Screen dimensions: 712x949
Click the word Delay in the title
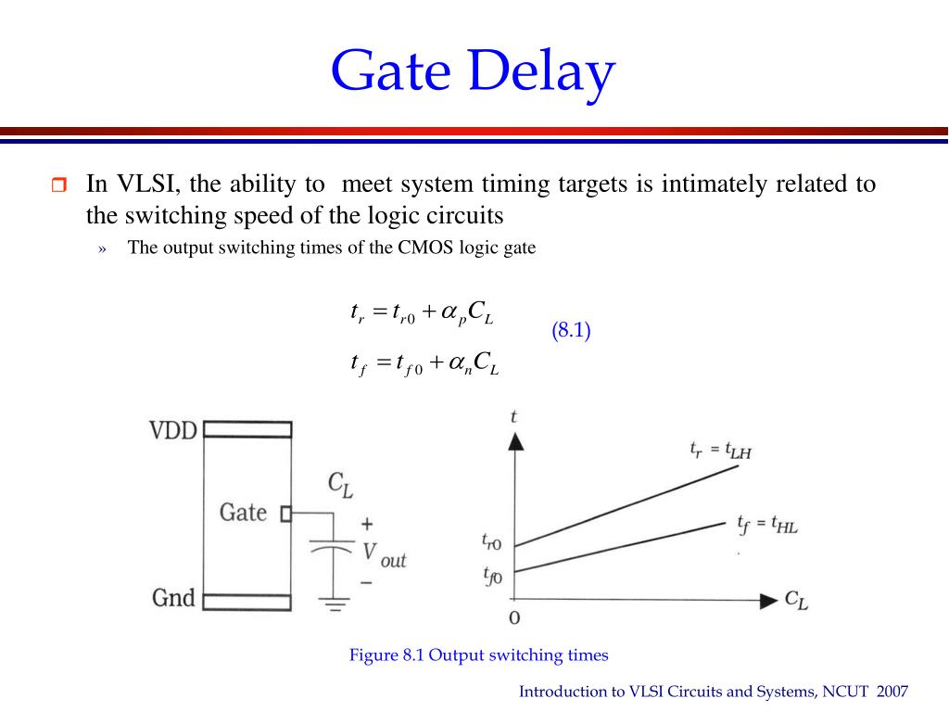(542, 72)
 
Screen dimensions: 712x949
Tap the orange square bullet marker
(58, 185)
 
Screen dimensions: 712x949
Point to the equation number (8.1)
(571, 331)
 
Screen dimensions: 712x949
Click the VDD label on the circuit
(173, 431)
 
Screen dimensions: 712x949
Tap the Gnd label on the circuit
(173, 598)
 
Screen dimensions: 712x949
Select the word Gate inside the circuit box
(243, 512)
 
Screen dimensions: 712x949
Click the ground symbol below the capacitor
(336, 605)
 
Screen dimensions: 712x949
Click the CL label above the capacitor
(340, 483)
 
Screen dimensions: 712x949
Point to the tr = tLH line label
(719, 451)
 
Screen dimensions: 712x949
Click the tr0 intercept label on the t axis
(492, 542)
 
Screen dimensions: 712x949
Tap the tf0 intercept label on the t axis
(492, 576)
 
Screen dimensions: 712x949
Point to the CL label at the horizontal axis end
(796, 600)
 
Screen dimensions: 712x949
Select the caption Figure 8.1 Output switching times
(478, 655)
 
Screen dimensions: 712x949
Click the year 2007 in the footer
(891, 692)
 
